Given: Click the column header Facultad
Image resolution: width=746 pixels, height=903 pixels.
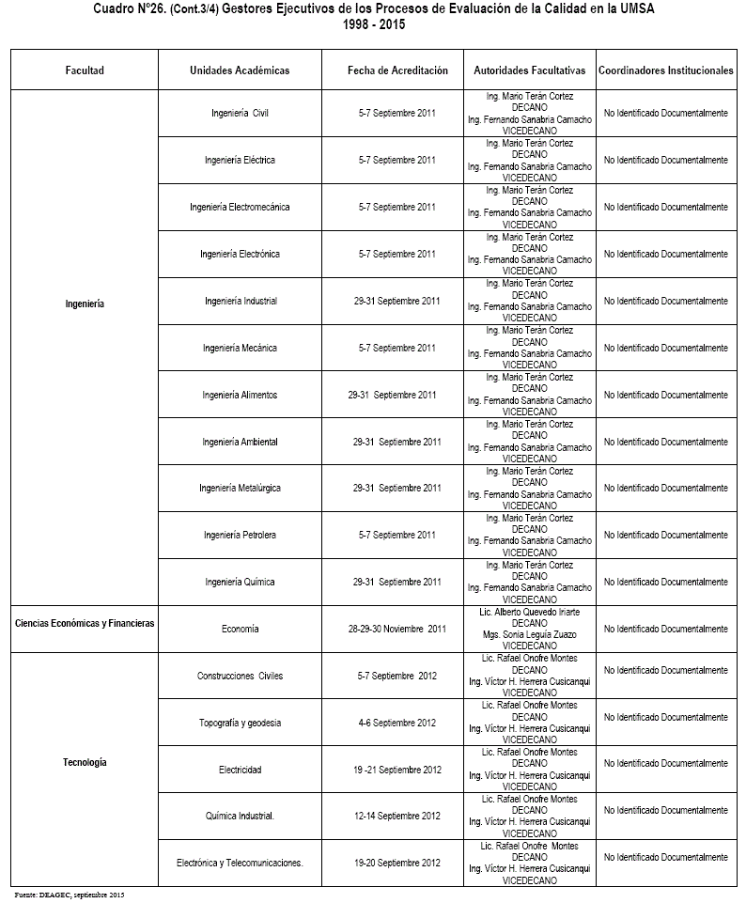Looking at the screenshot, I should point(85,70).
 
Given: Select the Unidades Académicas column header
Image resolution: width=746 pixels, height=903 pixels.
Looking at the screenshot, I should point(240,70).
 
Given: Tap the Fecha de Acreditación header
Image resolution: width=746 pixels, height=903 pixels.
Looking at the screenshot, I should point(397,70).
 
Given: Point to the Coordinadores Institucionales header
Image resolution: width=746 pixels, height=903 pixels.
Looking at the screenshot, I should point(665,70).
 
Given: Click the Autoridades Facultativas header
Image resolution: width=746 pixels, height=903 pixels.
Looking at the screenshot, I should point(530,70).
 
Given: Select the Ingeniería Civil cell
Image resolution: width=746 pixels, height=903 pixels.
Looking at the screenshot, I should point(240,114).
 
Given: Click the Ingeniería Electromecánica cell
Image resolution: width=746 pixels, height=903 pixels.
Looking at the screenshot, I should point(240,207).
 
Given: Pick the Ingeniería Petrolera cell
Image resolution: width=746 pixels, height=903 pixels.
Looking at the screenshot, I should point(240,535).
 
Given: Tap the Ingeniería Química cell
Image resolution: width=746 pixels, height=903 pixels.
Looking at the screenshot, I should point(240,582).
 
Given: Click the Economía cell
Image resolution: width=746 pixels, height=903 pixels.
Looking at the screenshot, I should point(240,629).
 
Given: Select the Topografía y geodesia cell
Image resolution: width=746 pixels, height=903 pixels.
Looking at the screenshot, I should point(240,723).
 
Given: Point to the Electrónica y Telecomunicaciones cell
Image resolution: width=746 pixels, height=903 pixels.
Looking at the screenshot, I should point(240,863).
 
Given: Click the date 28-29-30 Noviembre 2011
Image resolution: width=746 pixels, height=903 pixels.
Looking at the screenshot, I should point(397,629).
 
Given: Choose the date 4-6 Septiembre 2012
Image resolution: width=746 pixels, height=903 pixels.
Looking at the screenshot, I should point(397,723).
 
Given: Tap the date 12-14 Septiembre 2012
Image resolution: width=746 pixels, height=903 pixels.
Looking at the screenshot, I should point(397,816).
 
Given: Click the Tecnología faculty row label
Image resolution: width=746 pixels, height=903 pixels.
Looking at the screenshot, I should point(85,762).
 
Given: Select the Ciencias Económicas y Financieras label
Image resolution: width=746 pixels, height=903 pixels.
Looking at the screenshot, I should point(85,622).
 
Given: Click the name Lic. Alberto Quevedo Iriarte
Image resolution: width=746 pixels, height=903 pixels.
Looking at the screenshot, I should point(530,611).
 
